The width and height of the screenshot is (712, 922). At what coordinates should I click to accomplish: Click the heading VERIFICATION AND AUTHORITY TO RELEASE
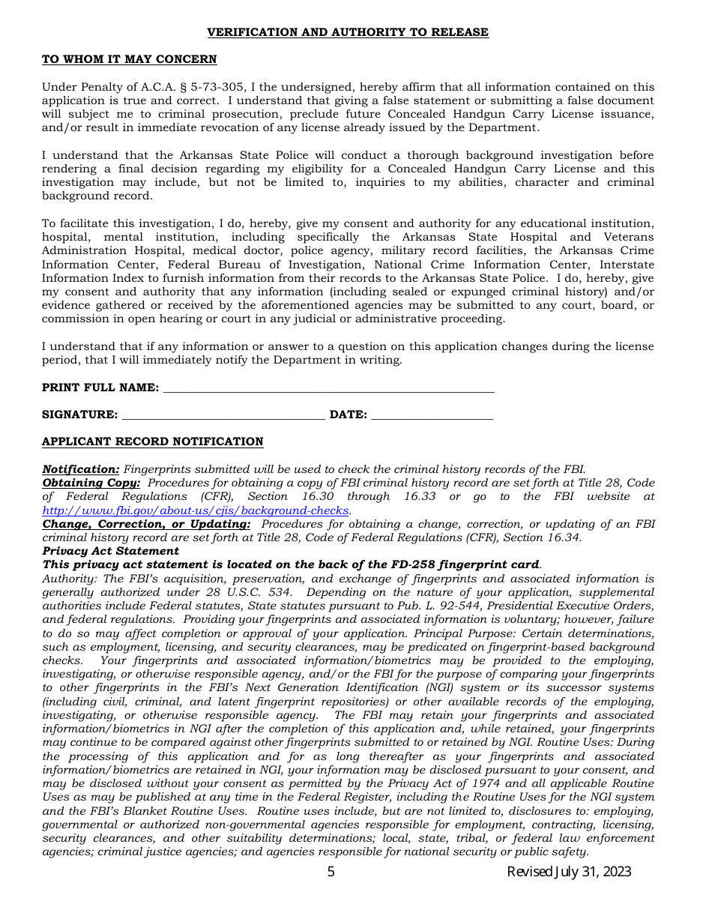pyautogui.click(x=348, y=32)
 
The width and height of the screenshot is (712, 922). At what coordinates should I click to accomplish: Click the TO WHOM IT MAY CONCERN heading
pyautogui.click(x=129, y=59)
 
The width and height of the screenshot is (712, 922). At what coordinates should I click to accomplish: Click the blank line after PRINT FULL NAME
pyautogui.click(x=328, y=388)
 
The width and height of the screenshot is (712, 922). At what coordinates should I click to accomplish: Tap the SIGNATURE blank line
pyautogui.click(x=223, y=415)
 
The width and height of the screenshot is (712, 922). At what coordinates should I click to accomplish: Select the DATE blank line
pyautogui.click(x=432, y=415)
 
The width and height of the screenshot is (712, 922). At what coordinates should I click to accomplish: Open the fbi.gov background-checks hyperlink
pyautogui.click(x=196, y=510)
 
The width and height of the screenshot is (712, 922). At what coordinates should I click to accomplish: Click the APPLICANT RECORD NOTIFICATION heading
pyautogui.click(x=152, y=442)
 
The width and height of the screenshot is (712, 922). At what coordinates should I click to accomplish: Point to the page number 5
pyautogui.click(x=331, y=872)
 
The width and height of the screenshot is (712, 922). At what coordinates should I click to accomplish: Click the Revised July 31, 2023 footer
pyautogui.click(x=569, y=872)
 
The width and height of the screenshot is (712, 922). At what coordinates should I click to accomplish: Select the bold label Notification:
pyautogui.click(x=80, y=469)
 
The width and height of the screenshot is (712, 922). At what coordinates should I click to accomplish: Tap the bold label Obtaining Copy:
pyautogui.click(x=91, y=483)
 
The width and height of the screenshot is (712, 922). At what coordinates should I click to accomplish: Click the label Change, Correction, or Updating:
pyautogui.click(x=146, y=524)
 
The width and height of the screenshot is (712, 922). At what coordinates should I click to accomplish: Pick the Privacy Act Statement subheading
pyautogui.click(x=110, y=551)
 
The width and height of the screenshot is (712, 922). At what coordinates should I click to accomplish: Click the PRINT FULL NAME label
pyautogui.click(x=100, y=388)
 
